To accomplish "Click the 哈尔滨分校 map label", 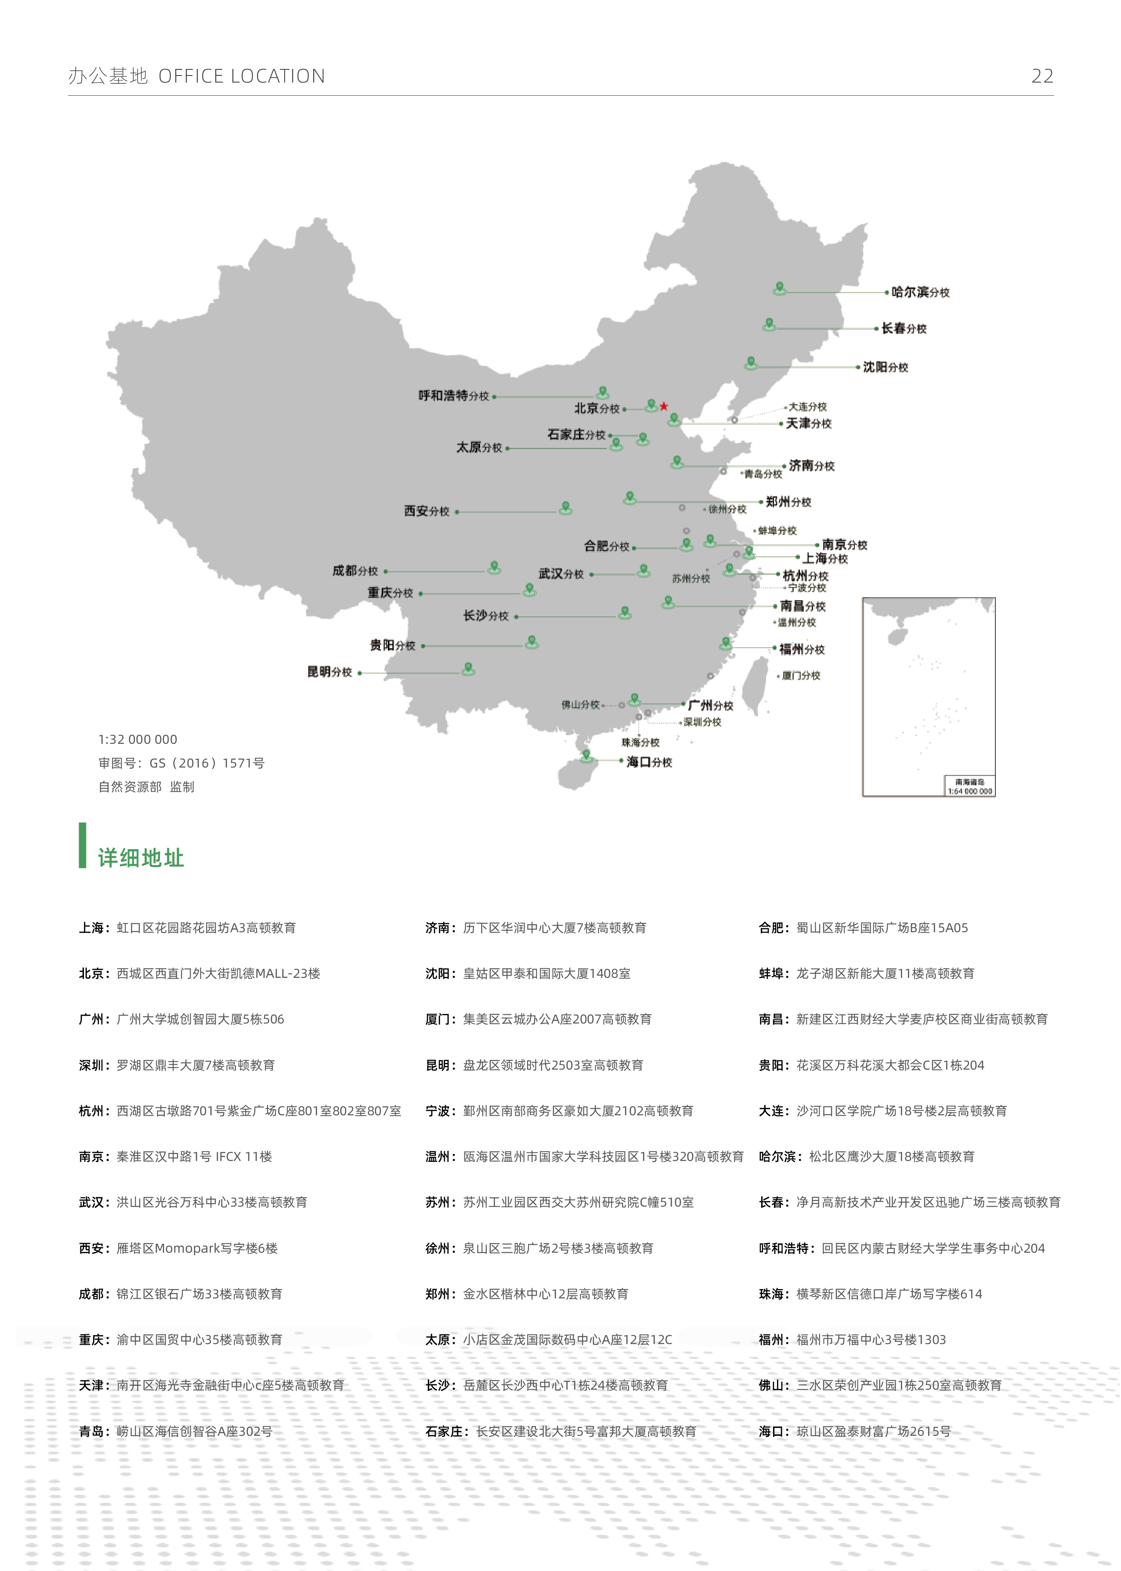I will pyautogui.click(x=920, y=292).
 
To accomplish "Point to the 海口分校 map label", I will pyautogui.click(x=649, y=762).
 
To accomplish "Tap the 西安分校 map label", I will pyautogui.click(x=427, y=511).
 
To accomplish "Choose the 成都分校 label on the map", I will pyautogui.click(x=355, y=571).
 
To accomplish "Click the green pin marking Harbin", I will pyautogui.click(x=779, y=288).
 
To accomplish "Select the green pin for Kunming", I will pyautogui.click(x=468, y=668).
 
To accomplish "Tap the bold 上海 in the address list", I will pyautogui.click(x=91, y=928).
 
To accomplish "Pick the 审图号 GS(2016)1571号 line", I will pyautogui.click(x=181, y=763).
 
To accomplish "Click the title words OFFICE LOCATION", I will pyautogui.click(x=242, y=76).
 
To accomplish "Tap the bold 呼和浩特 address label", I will pyautogui.click(x=784, y=1248).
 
